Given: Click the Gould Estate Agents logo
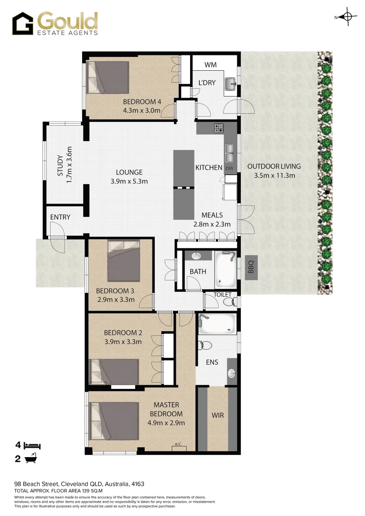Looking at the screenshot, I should click(55, 24).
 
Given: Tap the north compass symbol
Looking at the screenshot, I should click(347, 18).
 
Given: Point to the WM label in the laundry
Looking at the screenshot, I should click(211, 65).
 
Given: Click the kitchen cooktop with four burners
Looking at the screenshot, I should click(218, 128).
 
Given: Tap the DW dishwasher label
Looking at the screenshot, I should click(229, 169).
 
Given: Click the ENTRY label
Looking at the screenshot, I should click(60, 217).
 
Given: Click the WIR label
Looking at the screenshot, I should click(218, 415).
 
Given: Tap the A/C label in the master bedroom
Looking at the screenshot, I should click(178, 445).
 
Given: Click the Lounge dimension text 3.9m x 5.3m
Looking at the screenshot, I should click(129, 181).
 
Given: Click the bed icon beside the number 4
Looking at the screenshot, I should click(32, 445).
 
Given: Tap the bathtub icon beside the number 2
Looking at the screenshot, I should click(31, 459).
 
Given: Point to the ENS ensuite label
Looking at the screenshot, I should click(212, 362).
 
